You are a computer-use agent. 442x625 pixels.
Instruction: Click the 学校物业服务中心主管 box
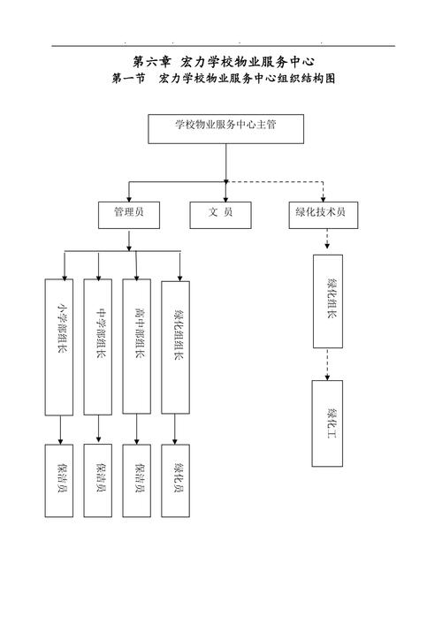(x=226, y=128)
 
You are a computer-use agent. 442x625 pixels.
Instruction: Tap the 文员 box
(x=220, y=214)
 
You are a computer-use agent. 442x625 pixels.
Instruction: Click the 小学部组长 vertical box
(x=59, y=347)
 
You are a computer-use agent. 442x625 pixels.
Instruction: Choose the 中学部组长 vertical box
(x=99, y=347)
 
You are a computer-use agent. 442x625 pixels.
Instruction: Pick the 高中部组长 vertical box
(x=137, y=347)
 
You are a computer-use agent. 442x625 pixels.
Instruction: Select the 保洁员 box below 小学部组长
(x=59, y=480)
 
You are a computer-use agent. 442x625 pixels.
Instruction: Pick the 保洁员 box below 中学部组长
(x=99, y=480)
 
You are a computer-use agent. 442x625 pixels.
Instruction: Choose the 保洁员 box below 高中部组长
(x=137, y=480)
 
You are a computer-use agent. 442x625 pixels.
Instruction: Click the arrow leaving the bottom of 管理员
(x=130, y=240)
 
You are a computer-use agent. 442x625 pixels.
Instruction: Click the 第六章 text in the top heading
(x=150, y=61)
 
